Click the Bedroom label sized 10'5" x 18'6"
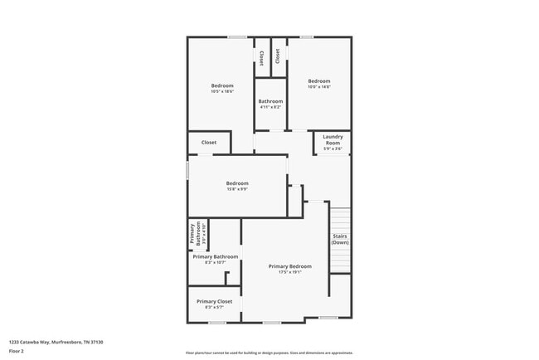click(x=221, y=85)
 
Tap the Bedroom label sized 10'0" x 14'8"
click(x=319, y=81)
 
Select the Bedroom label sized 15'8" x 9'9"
click(x=237, y=182)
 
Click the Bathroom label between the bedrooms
click(x=270, y=101)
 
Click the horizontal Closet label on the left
click(x=209, y=142)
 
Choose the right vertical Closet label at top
click(x=278, y=55)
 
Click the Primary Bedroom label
click(x=289, y=266)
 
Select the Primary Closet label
click(x=214, y=301)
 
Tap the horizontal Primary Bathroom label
click(x=215, y=257)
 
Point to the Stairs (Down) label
click(x=340, y=239)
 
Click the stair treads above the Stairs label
click(x=340, y=217)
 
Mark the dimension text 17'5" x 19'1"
click(x=289, y=271)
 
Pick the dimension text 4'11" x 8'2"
click(x=270, y=107)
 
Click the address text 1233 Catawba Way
click(x=56, y=341)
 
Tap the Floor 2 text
click(x=17, y=351)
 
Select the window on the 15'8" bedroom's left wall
click(x=188, y=171)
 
